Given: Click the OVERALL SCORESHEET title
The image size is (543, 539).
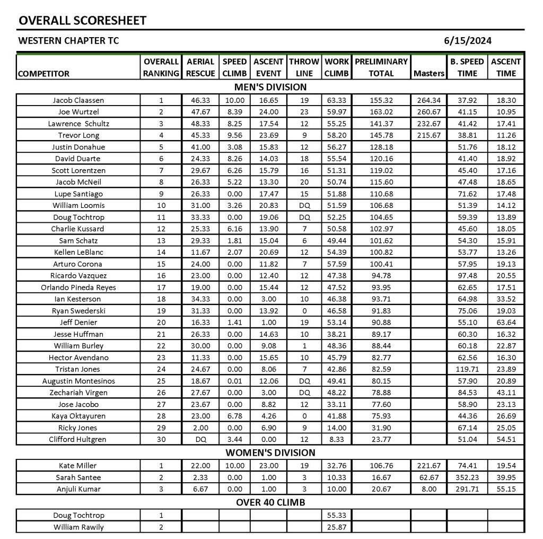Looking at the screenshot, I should click(x=82, y=21).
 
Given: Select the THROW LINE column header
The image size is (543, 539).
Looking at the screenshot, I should click(x=304, y=67).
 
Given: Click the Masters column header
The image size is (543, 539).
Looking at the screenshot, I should click(x=428, y=74).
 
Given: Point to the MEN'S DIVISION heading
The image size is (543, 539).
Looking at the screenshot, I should click(x=270, y=87).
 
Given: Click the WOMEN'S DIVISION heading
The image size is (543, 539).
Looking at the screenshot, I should click(x=270, y=453).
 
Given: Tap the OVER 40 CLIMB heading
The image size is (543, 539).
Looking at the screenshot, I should click(x=270, y=502).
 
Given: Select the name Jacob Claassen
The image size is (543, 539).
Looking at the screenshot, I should click(x=78, y=100).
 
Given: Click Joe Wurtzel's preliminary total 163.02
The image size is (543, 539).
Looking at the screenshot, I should click(x=381, y=112).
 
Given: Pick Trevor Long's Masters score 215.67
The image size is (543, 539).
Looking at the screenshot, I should click(x=428, y=135).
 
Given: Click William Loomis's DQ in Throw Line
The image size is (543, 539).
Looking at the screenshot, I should click(x=304, y=205).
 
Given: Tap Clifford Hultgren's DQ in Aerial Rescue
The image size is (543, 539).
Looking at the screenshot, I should click(x=200, y=439).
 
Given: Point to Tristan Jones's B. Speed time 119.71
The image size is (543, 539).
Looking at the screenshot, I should click(x=467, y=369).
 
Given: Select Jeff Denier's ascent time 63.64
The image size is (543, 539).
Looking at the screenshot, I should click(x=506, y=323).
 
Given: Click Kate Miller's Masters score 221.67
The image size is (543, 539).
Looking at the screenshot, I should click(x=428, y=466).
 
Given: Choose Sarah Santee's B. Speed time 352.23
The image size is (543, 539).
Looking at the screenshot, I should click(x=467, y=477).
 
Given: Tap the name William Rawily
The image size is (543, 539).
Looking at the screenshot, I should click(x=78, y=527).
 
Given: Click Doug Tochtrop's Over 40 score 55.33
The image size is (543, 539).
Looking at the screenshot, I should click(x=337, y=516).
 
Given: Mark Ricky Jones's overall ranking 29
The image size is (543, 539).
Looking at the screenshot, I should click(x=161, y=428).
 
